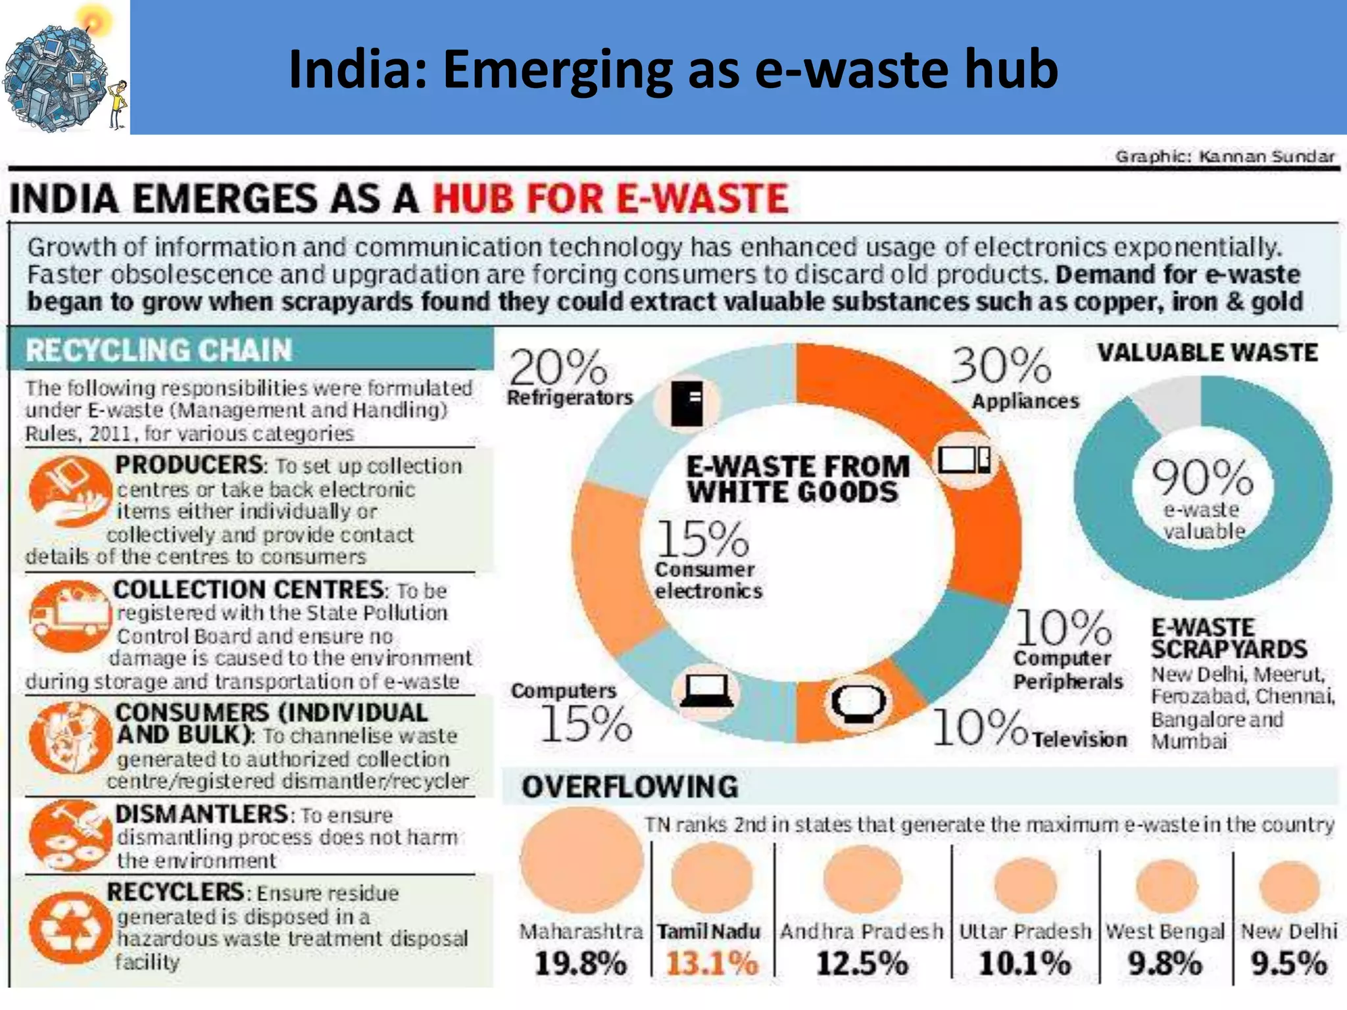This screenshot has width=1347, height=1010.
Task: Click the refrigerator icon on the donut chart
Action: [x=687, y=402]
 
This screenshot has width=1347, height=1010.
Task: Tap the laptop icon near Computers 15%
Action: [x=706, y=691]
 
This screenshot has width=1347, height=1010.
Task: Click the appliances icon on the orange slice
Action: [x=965, y=460]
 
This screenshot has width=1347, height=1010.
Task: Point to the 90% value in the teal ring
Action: [x=1202, y=477]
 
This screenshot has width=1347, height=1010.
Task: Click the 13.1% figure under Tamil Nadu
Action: [x=712, y=964]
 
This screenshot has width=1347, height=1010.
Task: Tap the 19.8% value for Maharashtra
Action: [x=580, y=964]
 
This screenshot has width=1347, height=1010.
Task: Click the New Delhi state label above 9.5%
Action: [x=1288, y=931]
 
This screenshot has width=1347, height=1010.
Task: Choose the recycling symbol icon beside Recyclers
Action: [x=69, y=927]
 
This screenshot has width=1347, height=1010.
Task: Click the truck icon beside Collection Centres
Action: [x=68, y=615]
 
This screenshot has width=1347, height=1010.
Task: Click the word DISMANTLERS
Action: [x=201, y=814]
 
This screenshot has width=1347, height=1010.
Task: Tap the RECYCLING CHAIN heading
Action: [x=159, y=350]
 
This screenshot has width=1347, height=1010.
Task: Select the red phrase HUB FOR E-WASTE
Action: [x=610, y=198]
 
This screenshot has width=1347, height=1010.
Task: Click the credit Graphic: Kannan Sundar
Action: [x=1225, y=156]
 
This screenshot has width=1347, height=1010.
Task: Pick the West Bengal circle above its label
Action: [x=1166, y=884]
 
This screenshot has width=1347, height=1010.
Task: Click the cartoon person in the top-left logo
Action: [x=118, y=104]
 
